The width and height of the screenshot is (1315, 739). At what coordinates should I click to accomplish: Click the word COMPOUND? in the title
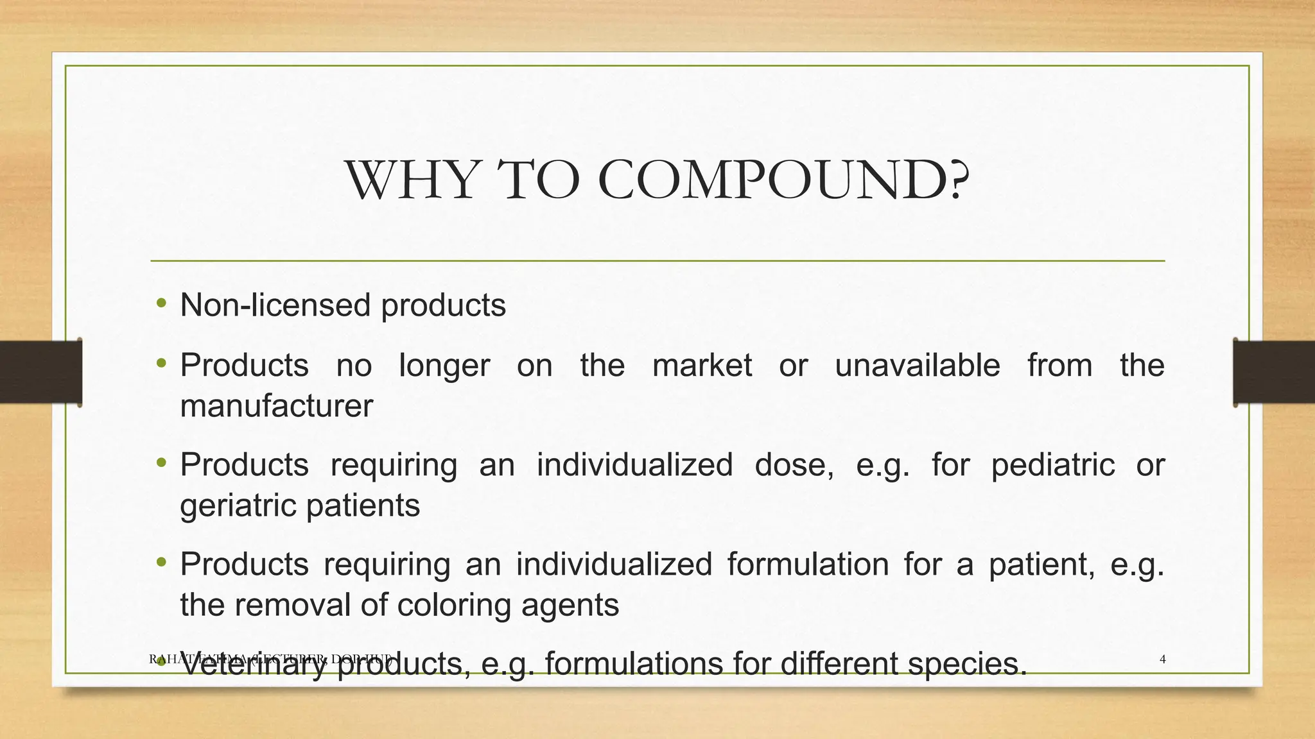[783, 180]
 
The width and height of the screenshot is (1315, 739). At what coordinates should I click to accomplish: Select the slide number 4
[1163, 659]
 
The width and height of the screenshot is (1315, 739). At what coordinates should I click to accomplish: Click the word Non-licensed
[275, 305]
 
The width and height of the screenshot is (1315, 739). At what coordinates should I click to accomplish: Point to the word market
[702, 366]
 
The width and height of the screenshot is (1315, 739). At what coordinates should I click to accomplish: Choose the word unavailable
[917, 366]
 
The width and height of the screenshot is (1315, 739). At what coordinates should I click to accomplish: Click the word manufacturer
[276, 406]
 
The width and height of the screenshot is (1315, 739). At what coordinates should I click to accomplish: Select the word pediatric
[1052, 464]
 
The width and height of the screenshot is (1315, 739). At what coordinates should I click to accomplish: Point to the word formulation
[808, 565]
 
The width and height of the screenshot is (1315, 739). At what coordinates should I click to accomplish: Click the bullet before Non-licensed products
[161, 303]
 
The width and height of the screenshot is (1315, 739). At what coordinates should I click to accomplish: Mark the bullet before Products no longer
[161, 364]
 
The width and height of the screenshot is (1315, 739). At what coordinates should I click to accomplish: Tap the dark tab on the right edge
[1274, 372]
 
